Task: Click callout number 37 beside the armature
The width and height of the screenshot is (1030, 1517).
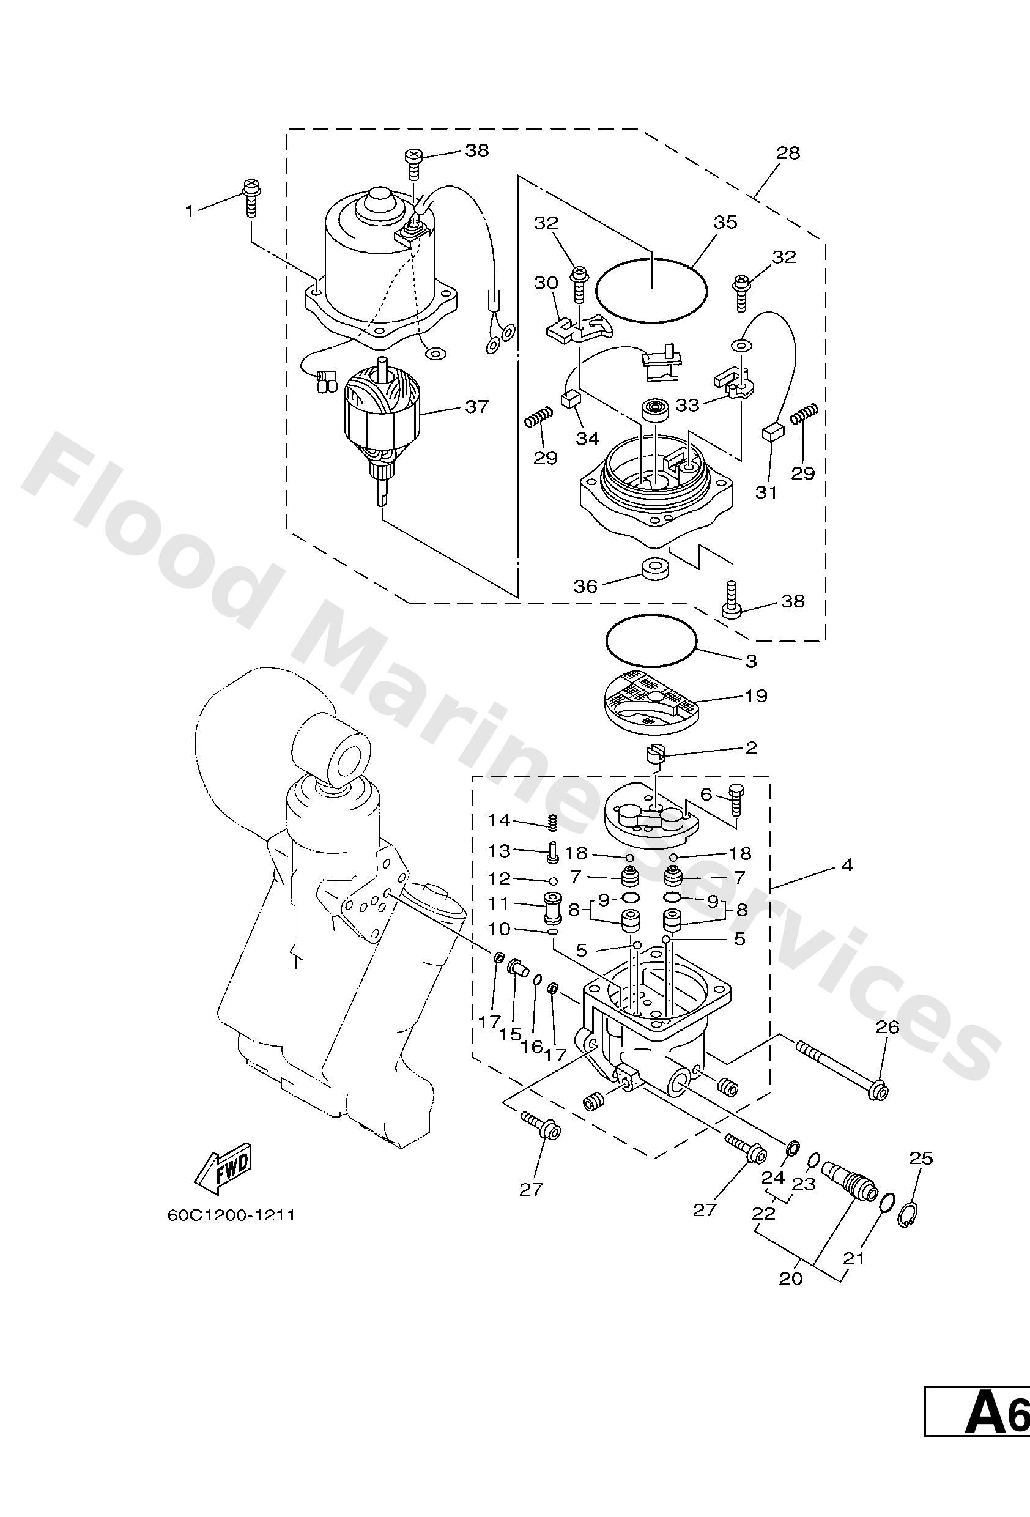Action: coord(476,407)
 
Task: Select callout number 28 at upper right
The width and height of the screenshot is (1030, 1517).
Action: coord(788,153)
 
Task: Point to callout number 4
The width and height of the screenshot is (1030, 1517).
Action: coord(847,866)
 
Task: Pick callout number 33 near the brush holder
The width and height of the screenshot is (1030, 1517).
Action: coord(687,406)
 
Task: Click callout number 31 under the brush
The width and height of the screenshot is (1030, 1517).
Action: coord(766,492)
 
